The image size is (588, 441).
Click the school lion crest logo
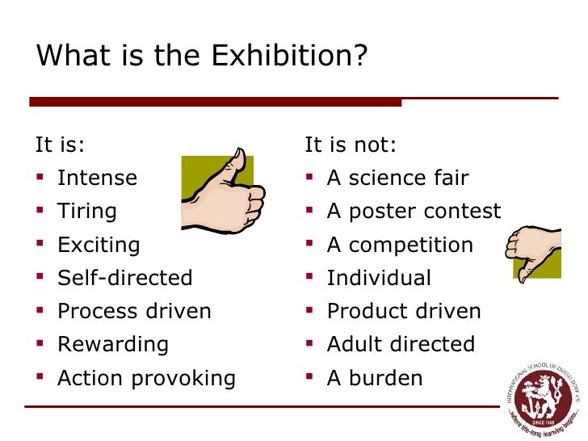point(541,397)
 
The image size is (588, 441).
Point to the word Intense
point(97,178)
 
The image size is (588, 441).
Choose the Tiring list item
point(87,212)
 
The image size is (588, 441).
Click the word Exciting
point(99,245)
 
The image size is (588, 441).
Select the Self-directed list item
point(125,279)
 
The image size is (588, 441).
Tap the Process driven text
point(134,312)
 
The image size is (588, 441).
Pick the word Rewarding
point(113,344)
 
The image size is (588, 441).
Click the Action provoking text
point(146,378)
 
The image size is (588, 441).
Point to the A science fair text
point(397,178)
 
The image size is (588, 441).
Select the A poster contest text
point(414,212)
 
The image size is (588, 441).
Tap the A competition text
point(400,245)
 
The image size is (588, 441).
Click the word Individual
point(379,279)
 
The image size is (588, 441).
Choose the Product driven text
point(404,312)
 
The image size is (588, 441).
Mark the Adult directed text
point(401,344)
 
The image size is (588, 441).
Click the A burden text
point(375,378)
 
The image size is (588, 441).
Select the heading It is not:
point(351,145)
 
